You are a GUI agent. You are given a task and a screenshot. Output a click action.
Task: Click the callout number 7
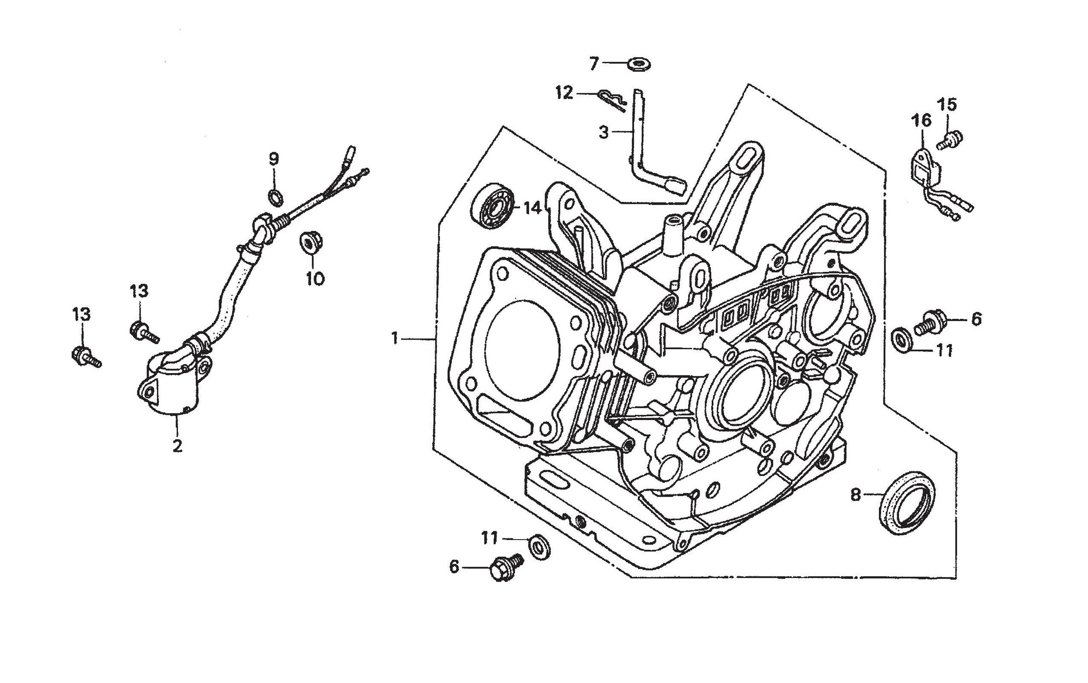594,63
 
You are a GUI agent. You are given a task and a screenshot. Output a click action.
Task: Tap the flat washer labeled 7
638,65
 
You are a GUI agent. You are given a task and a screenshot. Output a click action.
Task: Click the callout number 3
603,133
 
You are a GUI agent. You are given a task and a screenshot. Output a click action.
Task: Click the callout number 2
177,446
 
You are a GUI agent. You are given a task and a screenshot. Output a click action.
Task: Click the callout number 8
855,495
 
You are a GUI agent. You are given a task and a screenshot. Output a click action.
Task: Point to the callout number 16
921,120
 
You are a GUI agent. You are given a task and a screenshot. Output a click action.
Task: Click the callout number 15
947,105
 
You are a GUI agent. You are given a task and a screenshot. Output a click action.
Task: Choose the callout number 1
395,338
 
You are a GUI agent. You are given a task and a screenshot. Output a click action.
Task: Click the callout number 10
315,278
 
